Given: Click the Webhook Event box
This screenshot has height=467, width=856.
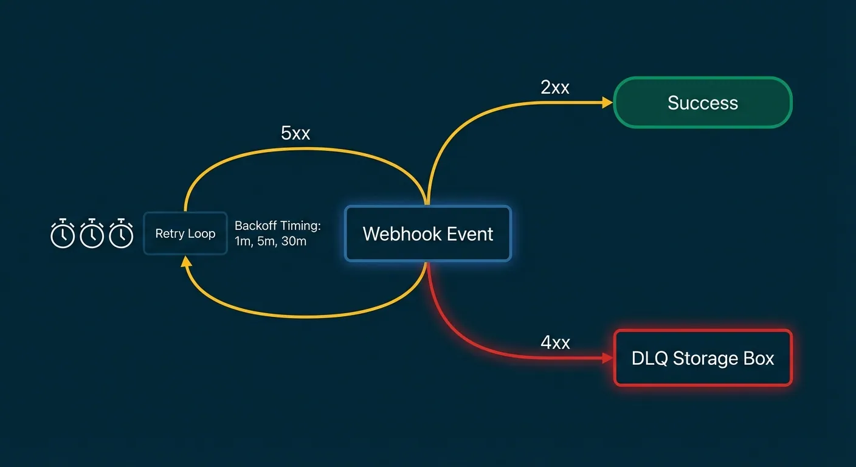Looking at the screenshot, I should [428, 234].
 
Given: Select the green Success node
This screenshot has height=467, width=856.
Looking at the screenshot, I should [703, 103].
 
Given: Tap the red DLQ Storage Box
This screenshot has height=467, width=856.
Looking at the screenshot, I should [703, 358].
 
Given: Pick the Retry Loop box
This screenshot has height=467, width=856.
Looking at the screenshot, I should [185, 233].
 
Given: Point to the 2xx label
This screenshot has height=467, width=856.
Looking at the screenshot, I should [554, 88].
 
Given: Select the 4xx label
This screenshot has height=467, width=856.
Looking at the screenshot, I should [555, 343].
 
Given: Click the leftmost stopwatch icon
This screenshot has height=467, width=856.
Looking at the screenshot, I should [63, 233].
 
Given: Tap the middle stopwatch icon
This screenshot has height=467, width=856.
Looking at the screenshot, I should [92, 233].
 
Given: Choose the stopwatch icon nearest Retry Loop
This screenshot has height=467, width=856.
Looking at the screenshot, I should [121, 233].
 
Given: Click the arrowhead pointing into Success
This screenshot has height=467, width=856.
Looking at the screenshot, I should [607, 103].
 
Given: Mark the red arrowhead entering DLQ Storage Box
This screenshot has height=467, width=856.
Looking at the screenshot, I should [607, 359].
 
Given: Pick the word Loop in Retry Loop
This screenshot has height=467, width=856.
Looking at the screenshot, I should [201, 233].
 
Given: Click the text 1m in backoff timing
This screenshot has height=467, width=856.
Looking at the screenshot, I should [243, 241].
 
